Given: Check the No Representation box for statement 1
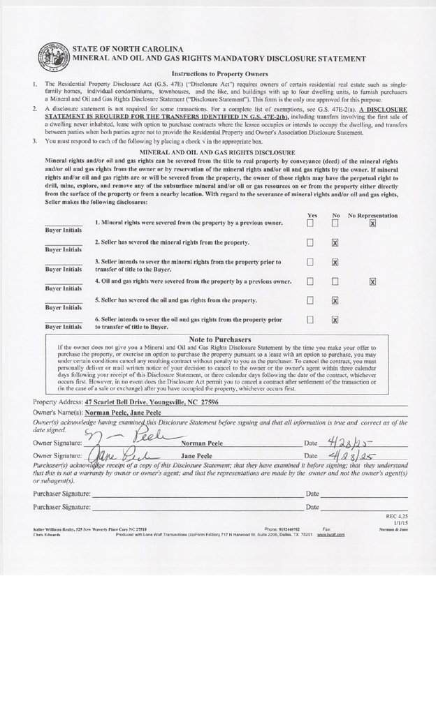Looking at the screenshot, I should (x=372, y=223).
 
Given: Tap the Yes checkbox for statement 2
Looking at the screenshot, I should (x=310, y=242).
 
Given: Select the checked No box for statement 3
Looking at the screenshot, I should (x=335, y=262).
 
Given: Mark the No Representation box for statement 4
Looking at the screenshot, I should (x=372, y=281).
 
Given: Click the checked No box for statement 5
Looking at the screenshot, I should (x=335, y=300).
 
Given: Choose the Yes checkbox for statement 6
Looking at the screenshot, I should (x=310, y=320).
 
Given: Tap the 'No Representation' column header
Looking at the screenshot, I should (x=372, y=215).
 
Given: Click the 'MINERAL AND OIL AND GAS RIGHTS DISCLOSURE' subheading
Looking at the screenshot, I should (x=217, y=152).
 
